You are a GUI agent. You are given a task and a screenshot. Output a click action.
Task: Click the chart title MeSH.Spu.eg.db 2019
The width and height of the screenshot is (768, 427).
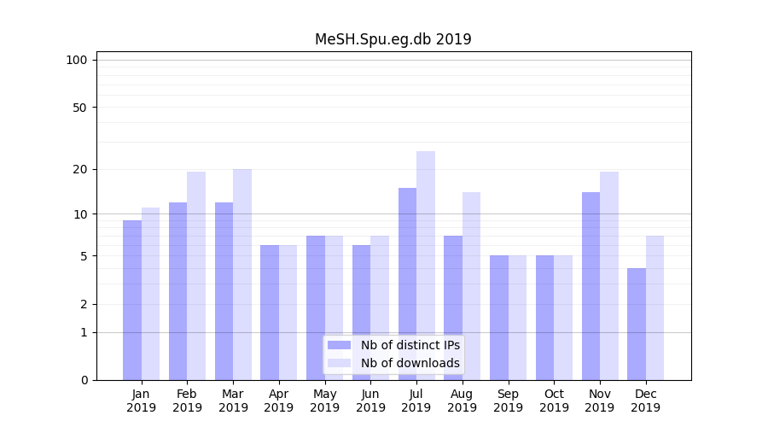[393, 39]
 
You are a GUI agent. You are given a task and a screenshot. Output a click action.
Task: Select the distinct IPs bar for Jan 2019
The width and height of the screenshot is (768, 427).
[132, 299]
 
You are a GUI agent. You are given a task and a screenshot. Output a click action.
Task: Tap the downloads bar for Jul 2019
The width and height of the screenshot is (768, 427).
[426, 265]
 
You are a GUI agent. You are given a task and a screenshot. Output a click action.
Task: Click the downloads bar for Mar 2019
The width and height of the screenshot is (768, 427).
[242, 273]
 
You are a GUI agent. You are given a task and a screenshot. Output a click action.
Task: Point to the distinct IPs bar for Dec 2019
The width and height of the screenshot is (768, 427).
[637, 325]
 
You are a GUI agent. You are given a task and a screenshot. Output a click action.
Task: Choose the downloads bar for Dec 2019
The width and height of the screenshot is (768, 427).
[655, 307]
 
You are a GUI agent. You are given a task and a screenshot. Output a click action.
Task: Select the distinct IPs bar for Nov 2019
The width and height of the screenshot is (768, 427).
[591, 286]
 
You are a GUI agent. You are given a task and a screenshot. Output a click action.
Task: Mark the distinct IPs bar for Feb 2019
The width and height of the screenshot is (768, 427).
[177, 290]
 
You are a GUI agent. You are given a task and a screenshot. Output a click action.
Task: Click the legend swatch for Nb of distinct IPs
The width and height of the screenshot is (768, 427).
[340, 345]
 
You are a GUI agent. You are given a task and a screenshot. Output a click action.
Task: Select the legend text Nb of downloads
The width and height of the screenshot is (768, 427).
[410, 363]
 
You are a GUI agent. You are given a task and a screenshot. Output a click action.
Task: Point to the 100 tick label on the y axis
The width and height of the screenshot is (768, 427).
[77, 60]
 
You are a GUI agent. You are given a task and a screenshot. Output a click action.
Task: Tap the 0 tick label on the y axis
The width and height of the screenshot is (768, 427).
[84, 380]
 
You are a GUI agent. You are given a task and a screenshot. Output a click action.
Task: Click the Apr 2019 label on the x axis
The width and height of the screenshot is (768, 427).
[279, 401]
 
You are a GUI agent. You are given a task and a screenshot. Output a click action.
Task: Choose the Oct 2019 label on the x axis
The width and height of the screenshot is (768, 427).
[554, 401]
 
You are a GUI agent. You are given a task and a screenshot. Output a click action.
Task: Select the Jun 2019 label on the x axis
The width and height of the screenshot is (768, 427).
[370, 401]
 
